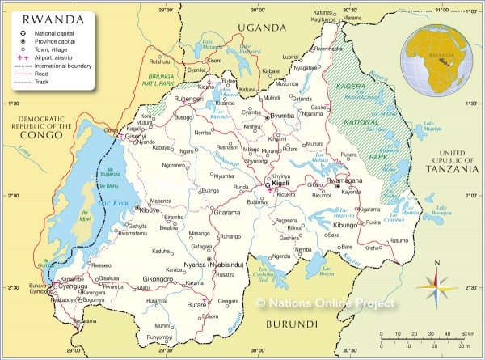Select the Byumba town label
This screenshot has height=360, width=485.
[x=282, y=116]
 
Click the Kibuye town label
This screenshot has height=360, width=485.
[x=149, y=210]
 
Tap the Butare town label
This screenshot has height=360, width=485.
[x=197, y=306]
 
